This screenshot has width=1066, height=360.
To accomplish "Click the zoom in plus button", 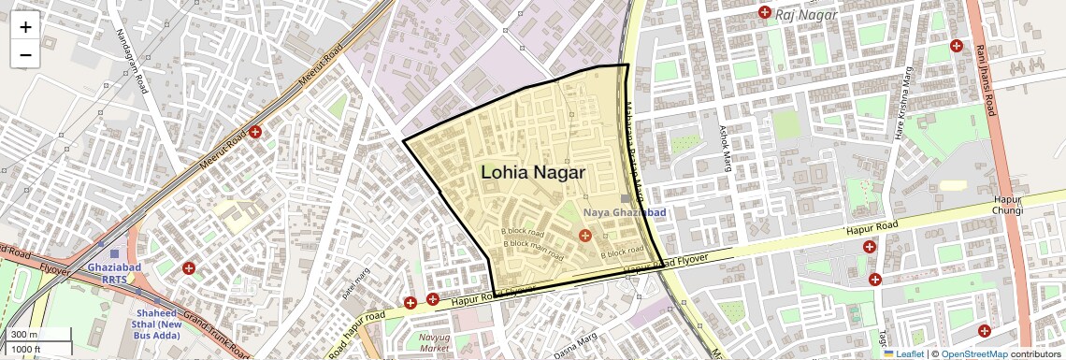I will pyautogui.click(x=25, y=27).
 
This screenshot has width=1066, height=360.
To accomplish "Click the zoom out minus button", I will pyautogui.click(x=25, y=55).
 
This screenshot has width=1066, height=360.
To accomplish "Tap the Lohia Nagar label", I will pyautogui.click(x=532, y=173).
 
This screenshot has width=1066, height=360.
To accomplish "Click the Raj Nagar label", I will pyautogui.click(x=811, y=14).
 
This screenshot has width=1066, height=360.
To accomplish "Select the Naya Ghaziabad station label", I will pyautogui.click(x=625, y=212).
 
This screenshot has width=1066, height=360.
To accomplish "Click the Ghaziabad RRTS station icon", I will pyautogui.click(x=114, y=253).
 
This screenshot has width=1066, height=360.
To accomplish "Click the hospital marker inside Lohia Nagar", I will pyautogui.click(x=584, y=234).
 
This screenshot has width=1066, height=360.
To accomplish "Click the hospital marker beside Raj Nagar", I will pyautogui.click(x=765, y=12).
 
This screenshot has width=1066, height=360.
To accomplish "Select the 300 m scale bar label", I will pyautogui.click(x=24, y=335).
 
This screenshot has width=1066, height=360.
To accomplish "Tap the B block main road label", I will pyautogui.click(x=533, y=249).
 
